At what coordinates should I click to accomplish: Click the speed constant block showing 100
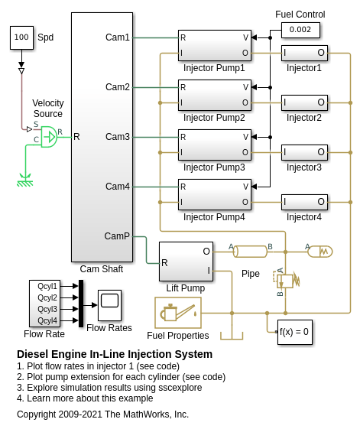pyautogui.click(x=21, y=37)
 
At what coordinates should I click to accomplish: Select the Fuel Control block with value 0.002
pyautogui.click(x=300, y=30)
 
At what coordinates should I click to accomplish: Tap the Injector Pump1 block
pyautogui.click(x=215, y=45)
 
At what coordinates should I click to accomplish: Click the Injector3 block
pyautogui.click(x=304, y=152)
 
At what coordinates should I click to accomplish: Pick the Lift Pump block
pyautogui.click(x=186, y=262)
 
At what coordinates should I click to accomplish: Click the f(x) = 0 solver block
pyautogui.click(x=294, y=332)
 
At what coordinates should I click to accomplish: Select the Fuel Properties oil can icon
pyautogui.click(x=178, y=313)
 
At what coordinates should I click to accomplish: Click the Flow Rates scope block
pyautogui.click(x=110, y=305)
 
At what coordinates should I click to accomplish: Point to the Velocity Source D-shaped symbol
pyautogui.click(x=49, y=137)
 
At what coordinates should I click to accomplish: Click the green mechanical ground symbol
pyautogui.click(x=25, y=180)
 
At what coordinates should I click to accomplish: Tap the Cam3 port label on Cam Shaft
pyautogui.click(x=118, y=137)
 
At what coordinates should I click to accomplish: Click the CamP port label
pyautogui.click(x=117, y=236)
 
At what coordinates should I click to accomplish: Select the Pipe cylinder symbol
pyautogui.click(x=250, y=252)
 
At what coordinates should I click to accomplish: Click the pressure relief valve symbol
pyautogui.click(x=285, y=280)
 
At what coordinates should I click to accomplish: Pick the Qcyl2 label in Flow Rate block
pyautogui.click(x=47, y=297)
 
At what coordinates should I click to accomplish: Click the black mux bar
pyautogui.click(x=81, y=304)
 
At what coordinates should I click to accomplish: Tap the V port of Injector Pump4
pyautogui.click(x=245, y=187)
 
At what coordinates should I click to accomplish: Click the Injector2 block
pyautogui.click(x=304, y=103)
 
